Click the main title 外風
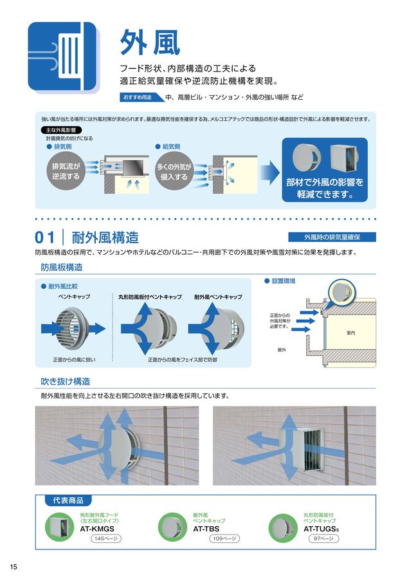150,44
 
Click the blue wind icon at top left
62,56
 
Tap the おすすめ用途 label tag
138,97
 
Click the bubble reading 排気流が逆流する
66,171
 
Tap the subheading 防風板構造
62,267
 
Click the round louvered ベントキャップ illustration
76,326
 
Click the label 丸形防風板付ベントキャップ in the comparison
150,297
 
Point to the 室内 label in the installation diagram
350,333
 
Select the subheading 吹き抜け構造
66,381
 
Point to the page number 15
14,566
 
